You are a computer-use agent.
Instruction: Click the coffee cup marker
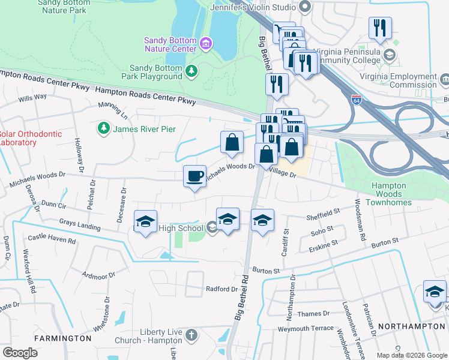click(x=194, y=176)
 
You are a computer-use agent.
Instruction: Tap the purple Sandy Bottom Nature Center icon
click(x=206, y=44)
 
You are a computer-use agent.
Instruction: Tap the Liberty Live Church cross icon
click(x=191, y=335)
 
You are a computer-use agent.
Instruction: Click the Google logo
click(x=20, y=353)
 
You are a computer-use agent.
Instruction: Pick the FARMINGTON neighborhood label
click(x=62, y=338)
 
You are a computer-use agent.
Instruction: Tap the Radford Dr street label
click(x=221, y=289)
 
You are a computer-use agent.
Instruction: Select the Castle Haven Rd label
click(x=52, y=239)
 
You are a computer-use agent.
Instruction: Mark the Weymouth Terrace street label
click(x=305, y=328)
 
